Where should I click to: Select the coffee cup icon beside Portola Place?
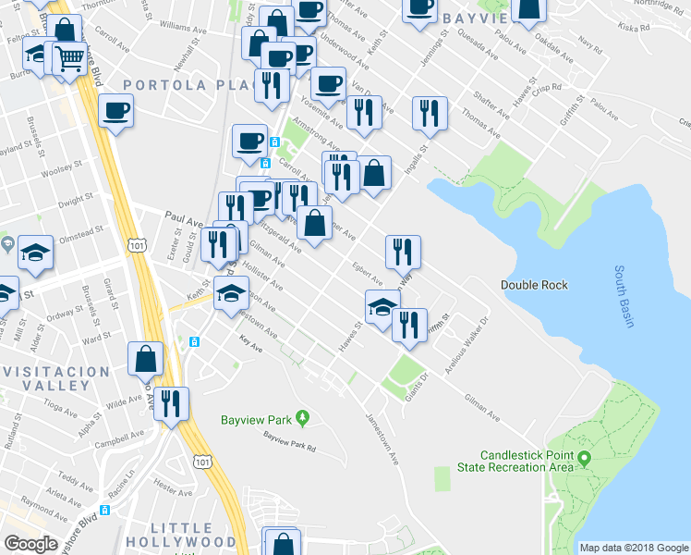(115, 110)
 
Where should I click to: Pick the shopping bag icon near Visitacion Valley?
(146, 358)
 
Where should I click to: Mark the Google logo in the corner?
(30, 544)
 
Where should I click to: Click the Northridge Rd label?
(659, 4)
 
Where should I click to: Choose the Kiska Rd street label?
(637, 28)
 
